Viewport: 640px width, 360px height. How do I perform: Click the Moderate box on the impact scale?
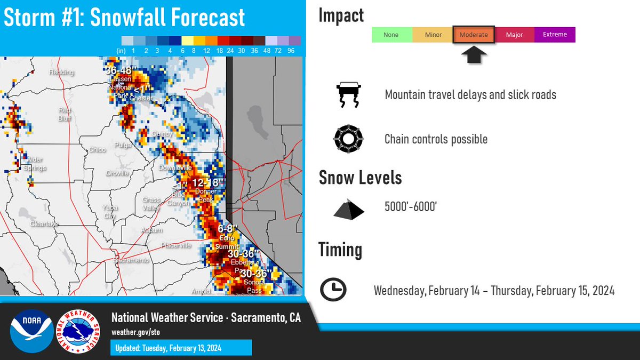(x=474, y=35)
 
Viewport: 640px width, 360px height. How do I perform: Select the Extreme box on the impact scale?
(x=555, y=35)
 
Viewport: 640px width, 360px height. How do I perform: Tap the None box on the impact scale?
(x=391, y=35)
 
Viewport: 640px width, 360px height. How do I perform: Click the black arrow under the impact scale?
(x=474, y=54)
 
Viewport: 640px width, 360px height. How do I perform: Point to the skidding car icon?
(x=347, y=95)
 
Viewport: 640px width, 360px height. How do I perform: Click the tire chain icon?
(x=348, y=140)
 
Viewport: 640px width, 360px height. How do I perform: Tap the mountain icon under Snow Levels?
(x=349, y=209)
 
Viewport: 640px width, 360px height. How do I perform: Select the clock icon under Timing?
(x=333, y=290)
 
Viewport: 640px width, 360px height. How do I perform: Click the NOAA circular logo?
(x=31, y=331)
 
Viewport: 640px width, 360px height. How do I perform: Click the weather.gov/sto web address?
(x=135, y=332)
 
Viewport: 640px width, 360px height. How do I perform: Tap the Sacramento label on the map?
(x=131, y=260)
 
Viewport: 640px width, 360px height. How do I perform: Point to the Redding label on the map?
(x=61, y=73)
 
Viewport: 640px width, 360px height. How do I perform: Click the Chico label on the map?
(x=97, y=150)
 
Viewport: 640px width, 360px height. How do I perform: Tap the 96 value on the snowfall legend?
(x=292, y=51)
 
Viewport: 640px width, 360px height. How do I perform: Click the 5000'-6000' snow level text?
(x=411, y=206)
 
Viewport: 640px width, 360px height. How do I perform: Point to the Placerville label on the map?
(x=177, y=245)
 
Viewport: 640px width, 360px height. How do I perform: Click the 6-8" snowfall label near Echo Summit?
(x=227, y=229)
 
